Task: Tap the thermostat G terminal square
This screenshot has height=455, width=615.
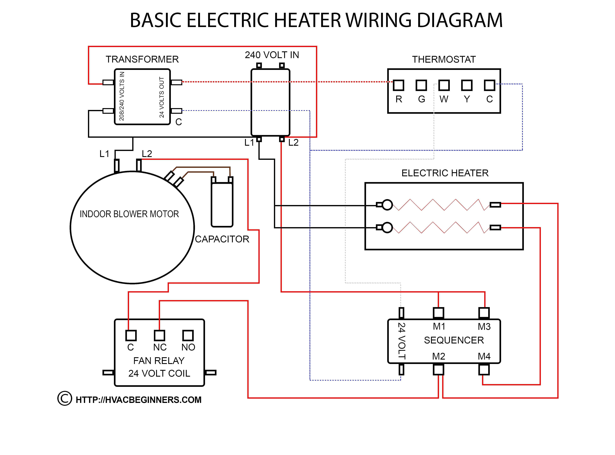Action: [x=421, y=85]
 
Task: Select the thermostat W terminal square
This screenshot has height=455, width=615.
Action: [x=444, y=85]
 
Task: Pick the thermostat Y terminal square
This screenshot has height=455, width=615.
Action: [x=467, y=85]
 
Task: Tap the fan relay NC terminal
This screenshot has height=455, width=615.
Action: [x=159, y=335]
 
